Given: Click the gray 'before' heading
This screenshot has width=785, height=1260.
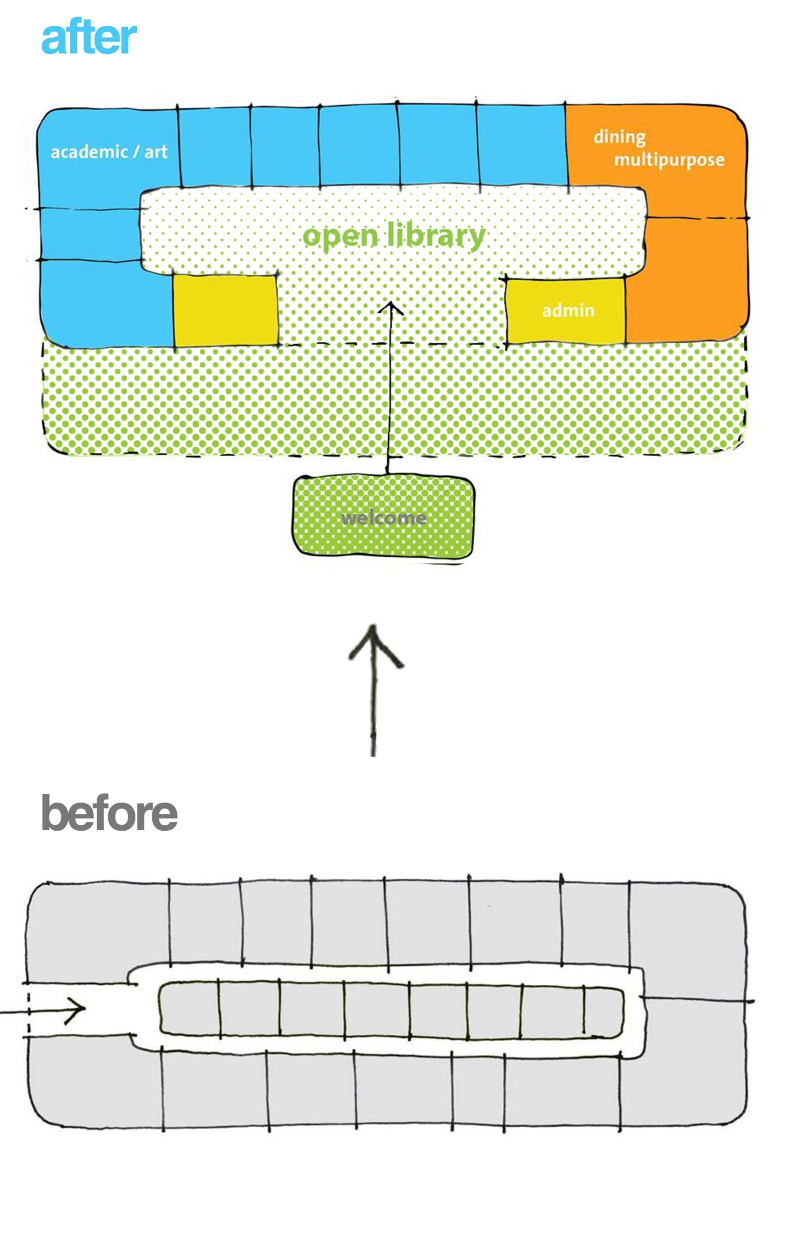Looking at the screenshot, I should [109, 813].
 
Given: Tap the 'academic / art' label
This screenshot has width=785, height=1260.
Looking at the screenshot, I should [109, 152].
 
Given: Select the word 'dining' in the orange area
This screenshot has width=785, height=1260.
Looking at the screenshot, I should [619, 138].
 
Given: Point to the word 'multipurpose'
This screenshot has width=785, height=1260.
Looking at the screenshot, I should [669, 160].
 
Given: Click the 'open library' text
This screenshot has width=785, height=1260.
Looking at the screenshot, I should [393, 236].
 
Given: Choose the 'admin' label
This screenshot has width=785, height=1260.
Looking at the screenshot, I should [568, 310].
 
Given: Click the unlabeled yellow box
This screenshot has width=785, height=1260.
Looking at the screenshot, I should [225, 310].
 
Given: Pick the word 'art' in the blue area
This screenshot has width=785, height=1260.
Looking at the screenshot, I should [156, 152].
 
